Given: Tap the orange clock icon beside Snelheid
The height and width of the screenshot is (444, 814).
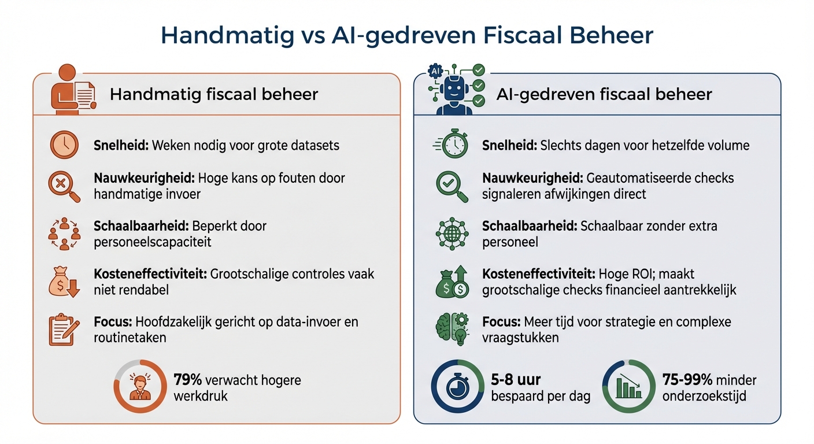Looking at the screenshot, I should click(64, 145).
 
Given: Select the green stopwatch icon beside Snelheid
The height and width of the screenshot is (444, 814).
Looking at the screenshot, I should click(453, 145).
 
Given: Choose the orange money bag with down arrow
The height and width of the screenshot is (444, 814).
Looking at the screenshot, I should click(64, 282).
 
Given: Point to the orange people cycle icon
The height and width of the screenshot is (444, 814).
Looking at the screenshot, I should click(64, 234).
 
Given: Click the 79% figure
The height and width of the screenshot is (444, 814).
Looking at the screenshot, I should click(188, 380).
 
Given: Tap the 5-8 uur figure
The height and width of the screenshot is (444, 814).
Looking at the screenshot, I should click(516, 380).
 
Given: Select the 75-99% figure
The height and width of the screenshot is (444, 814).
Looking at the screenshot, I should click(686, 380).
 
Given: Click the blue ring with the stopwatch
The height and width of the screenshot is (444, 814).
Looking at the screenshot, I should click(457, 386).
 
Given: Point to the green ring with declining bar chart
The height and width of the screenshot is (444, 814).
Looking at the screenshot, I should click(628, 386).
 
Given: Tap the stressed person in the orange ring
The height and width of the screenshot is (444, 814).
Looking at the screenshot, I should click(140, 386).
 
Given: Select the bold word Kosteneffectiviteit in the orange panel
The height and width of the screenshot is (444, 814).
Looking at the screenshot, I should click(150, 273).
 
